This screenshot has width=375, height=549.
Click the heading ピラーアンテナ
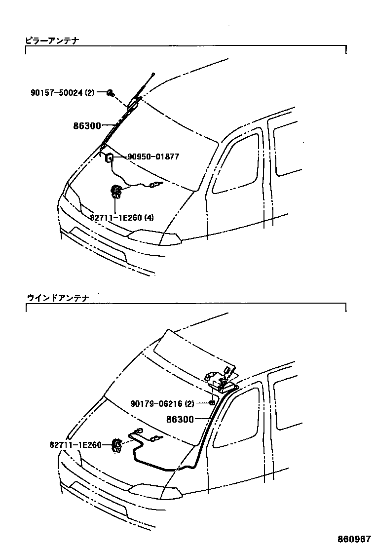tap(52, 40)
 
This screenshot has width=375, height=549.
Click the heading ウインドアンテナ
tap(56, 298)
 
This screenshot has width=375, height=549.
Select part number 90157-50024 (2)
tap(62, 92)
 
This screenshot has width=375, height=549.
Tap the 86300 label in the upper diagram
tap(87, 126)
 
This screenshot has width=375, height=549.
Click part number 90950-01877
tap(153, 157)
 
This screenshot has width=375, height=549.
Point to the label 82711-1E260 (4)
tap(121, 217)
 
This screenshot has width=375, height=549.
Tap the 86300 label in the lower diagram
tap(181, 419)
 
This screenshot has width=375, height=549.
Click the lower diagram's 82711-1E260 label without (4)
tap(75, 445)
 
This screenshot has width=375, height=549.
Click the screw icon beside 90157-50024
tap(111, 93)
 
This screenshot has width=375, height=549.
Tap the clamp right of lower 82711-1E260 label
tap(117, 445)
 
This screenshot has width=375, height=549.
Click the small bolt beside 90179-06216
tap(211, 403)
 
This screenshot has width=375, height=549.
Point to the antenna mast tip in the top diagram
tap(153, 75)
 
